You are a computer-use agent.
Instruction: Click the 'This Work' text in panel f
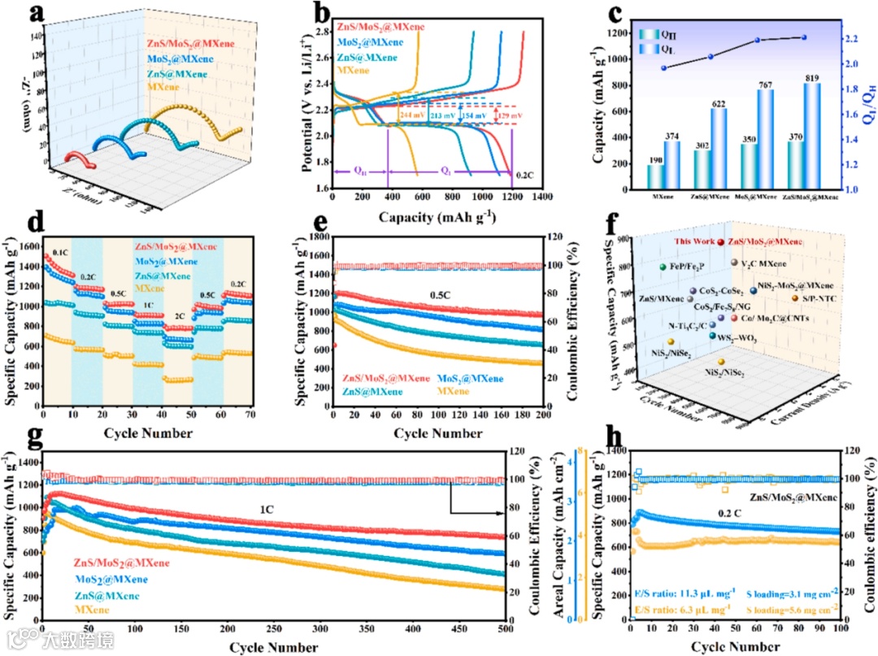coord(693,241)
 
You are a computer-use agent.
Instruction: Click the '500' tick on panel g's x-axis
coord(505,629)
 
